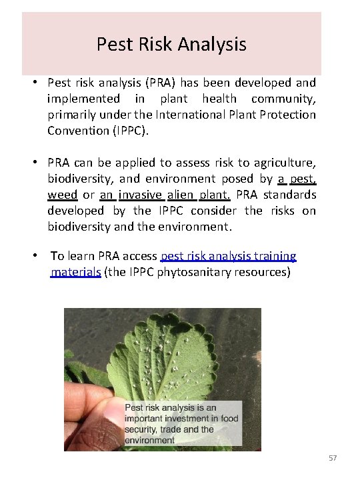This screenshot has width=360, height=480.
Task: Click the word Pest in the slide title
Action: point(110,45)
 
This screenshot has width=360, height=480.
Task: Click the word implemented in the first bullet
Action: point(84,99)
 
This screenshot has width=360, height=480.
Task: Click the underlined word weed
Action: point(62,194)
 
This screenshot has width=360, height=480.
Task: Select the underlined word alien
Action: point(179,194)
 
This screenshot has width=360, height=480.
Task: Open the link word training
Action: point(273,256)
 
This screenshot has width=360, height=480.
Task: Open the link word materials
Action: point(76,272)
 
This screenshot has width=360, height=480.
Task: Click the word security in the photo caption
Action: point(143,429)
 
